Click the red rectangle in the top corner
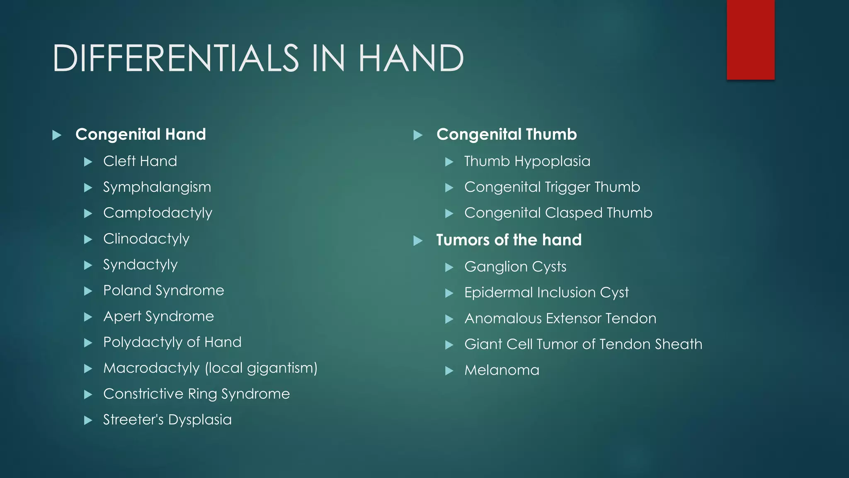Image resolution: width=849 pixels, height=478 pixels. pyautogui.click(x=750, y=39)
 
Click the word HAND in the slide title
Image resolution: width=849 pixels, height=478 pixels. pyautogui.click(x=411, y=59)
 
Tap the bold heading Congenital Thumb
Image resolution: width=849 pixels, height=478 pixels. pyautogui.click(x=506, y=134)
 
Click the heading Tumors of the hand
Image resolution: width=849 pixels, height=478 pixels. pyautogui.click(x=509, y=240)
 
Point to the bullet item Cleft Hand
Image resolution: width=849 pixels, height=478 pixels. pyautogui.click(x=140, y=161)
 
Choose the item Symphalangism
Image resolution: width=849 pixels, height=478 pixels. pyautogui.click(x=157, y=187)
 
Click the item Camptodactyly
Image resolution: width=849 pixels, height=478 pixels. pyautogui.click(x=158, y=213)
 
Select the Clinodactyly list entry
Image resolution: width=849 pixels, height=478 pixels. pyautogui.click(x=146, y=239)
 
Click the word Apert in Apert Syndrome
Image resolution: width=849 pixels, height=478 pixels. pyautogui.click(x=122, y=317)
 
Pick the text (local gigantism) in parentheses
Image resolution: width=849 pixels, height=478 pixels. pyautogui.click(x=261, y=368)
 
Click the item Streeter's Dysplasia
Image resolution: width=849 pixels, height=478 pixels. pyautogui.click(x=167, y=419)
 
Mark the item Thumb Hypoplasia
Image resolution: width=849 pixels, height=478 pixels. pyautogui.click(x=527, y=161)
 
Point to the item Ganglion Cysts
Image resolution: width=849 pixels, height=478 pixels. pyautogui.click(x=515, y=267)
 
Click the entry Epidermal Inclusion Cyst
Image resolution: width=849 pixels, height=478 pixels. pyautogui.click(x=546, y=293)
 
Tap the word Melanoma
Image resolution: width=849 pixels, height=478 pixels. pyautogui.click(x=502, y=370)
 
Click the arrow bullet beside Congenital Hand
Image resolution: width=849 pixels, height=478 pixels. pyautogui.click(x=57, y=135)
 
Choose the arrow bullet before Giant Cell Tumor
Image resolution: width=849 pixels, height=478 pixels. pyautogui.click(x=449, y=345)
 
